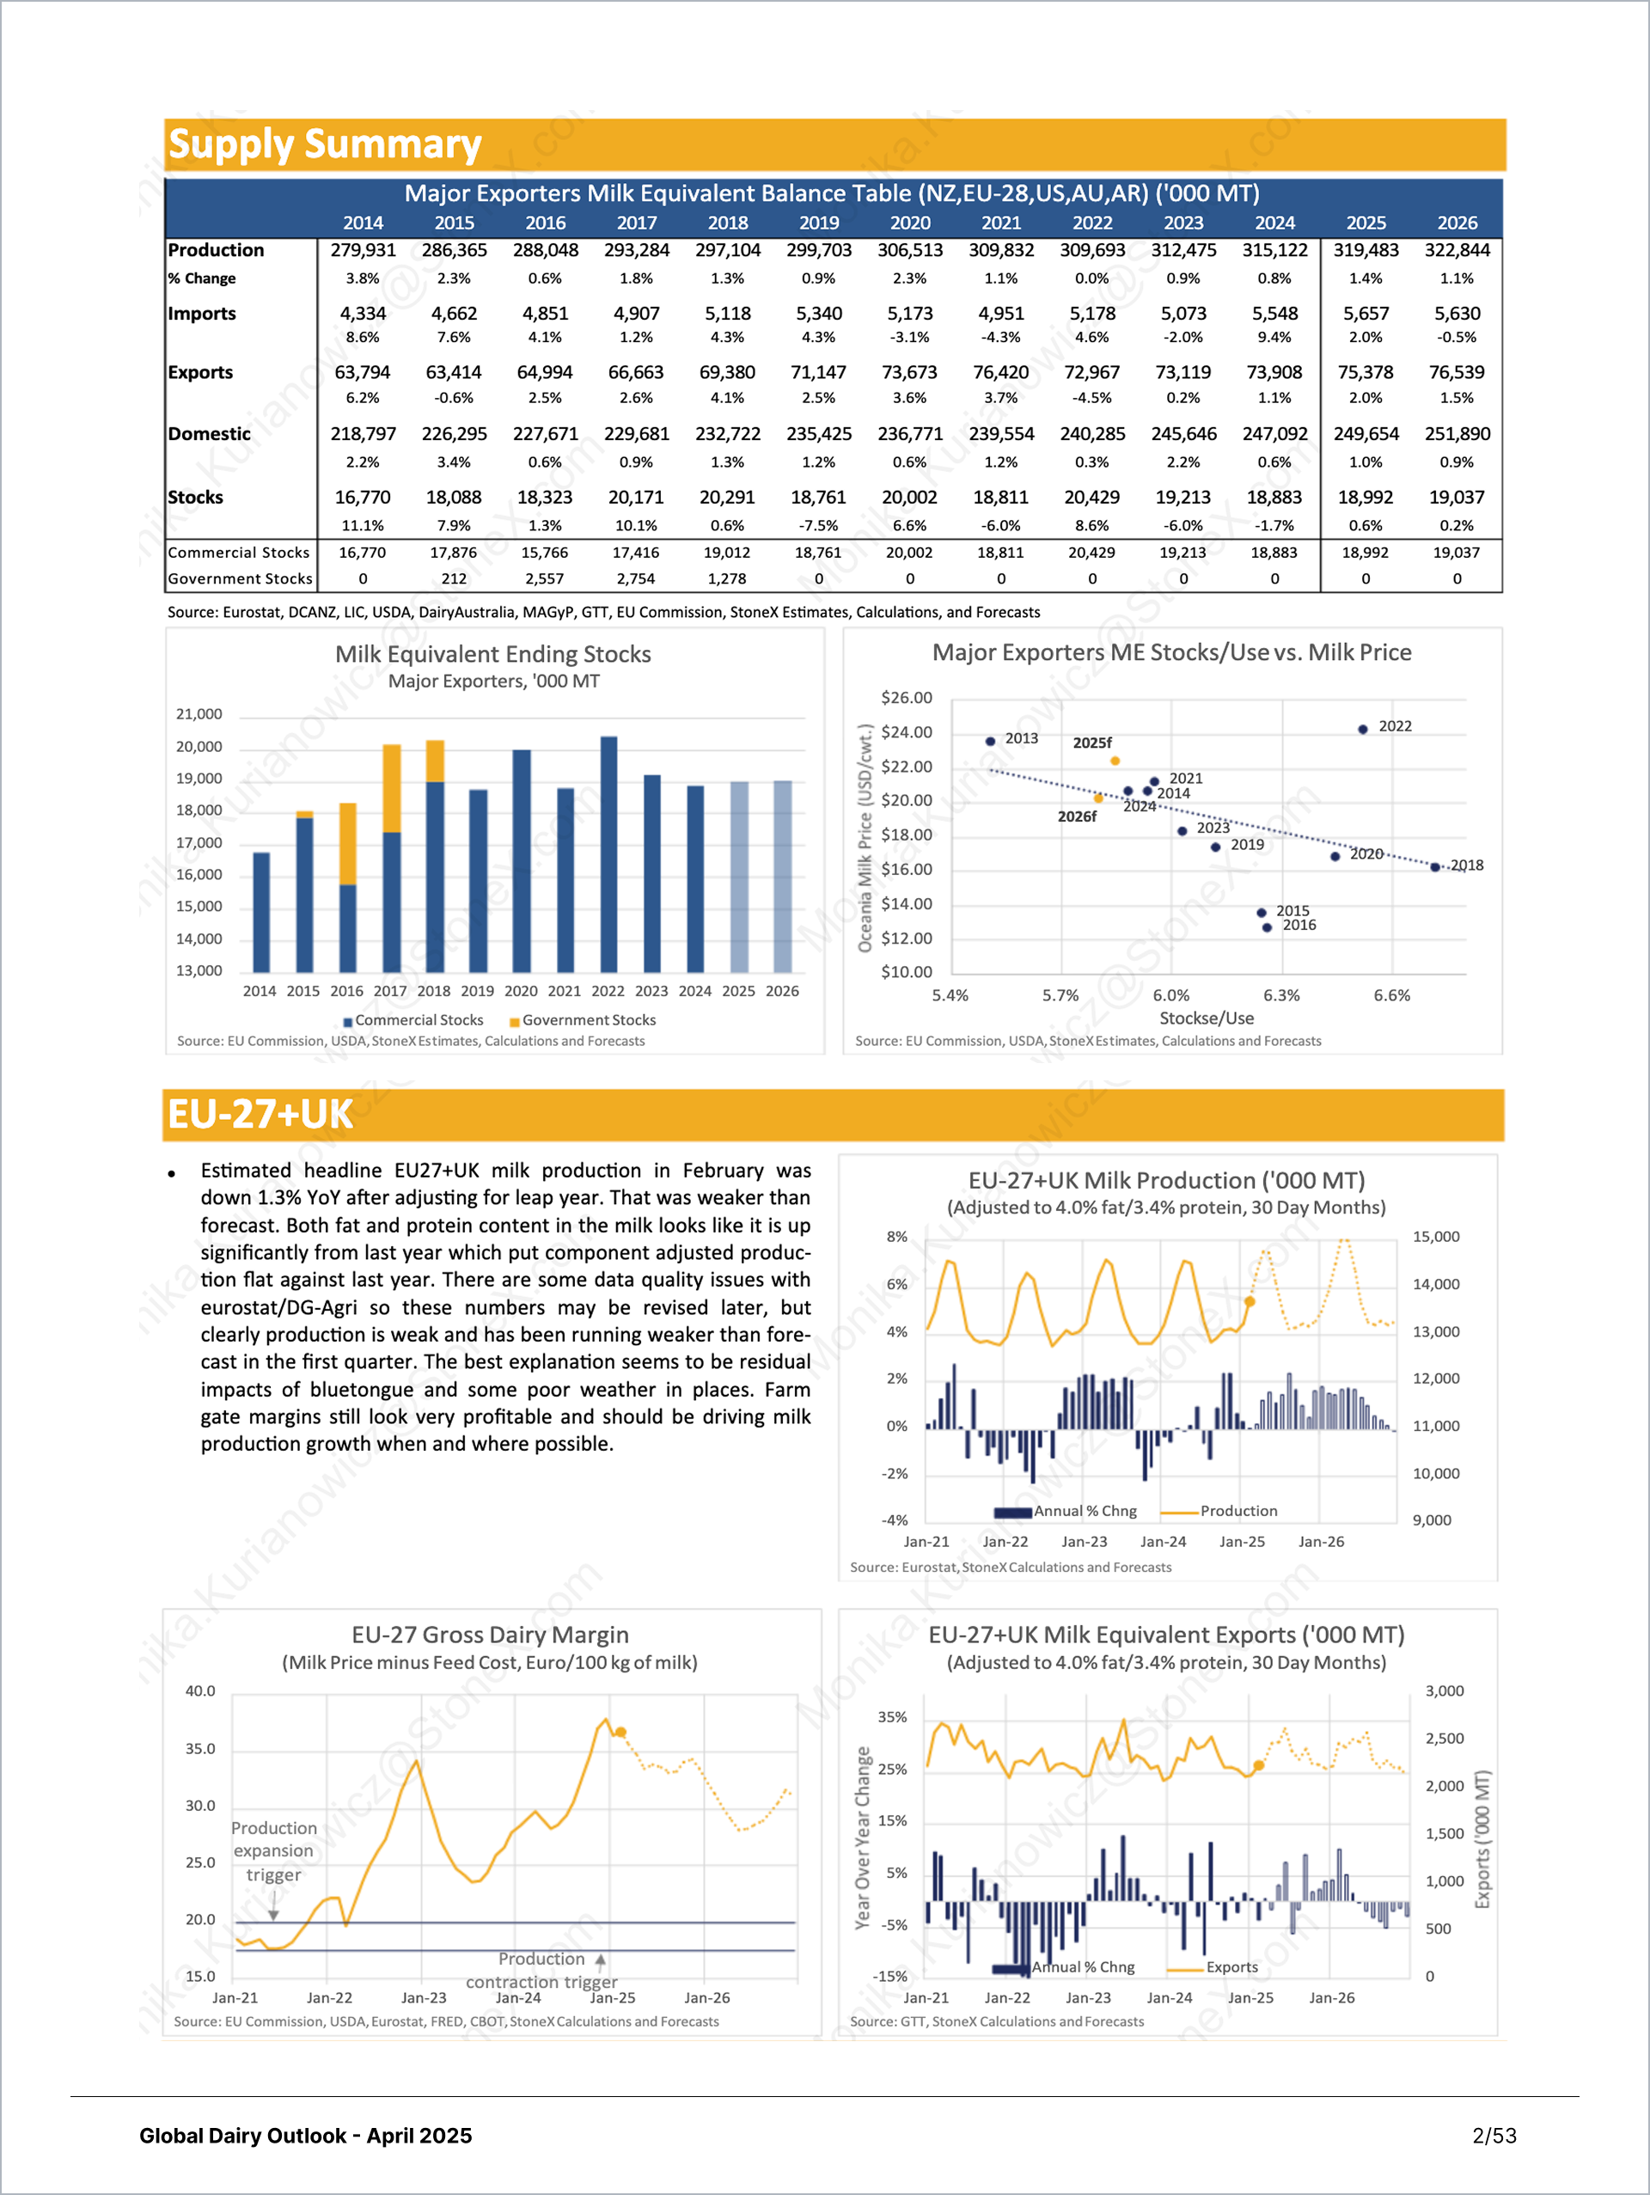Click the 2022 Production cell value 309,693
[x=1091, y=250]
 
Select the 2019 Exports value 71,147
[x=818, y=372]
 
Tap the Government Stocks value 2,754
[x=636, y=578]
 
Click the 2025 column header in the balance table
[x=1366, y=223]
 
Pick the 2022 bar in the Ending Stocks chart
[x=608, y=854]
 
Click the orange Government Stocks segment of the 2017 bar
[x=391, y=788]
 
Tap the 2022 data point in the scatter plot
[x=1362, y=730]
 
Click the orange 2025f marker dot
[x=1115, y=761]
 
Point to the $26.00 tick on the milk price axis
[x=906, y=698]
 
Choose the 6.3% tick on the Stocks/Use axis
[x=1281, y=995]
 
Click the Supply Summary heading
[x=325, y=145]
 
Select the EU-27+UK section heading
[x=260, y=1115]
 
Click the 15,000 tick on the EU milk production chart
[x=1436, y=1237]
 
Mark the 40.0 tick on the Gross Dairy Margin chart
[x=200, y=1691]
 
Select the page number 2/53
[x=1494, y=2136]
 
